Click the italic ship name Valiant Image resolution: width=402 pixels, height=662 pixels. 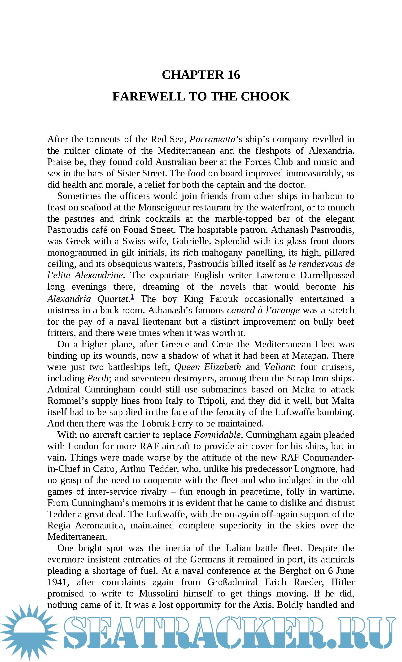[x=279, y=367]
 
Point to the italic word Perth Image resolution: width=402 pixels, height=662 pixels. [x=98, y=378]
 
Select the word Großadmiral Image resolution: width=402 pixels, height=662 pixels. [x=232, y=582]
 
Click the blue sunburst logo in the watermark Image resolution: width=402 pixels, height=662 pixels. [x=29, y=632]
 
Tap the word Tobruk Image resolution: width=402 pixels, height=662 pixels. [x=155, y=423]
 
